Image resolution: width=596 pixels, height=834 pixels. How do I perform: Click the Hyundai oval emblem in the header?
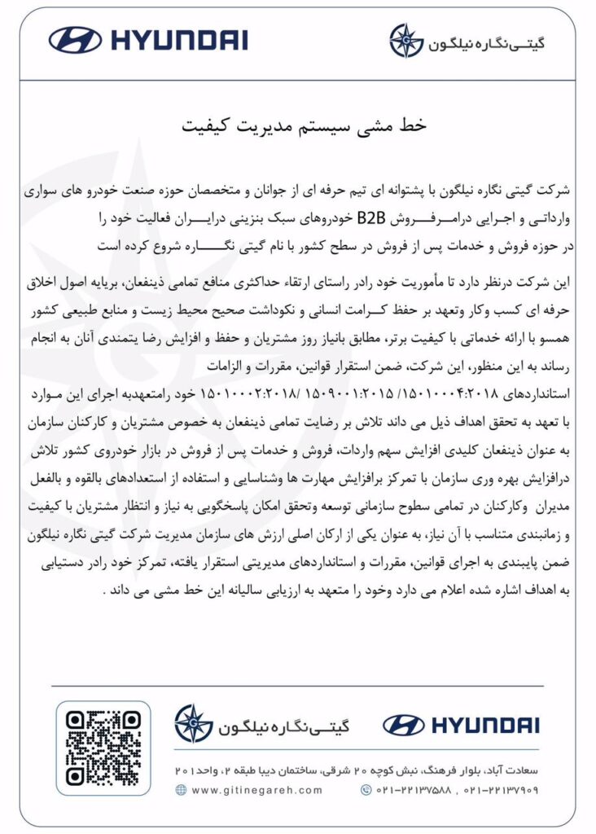coord(75,39)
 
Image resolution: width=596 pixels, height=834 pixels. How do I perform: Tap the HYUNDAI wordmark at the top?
coord(177,39)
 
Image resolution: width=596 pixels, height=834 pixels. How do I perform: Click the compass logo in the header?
coord(405,40)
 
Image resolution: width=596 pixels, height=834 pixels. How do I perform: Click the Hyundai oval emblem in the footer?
coord(404,725)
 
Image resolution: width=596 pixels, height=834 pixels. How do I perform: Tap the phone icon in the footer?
coord(364,790)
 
